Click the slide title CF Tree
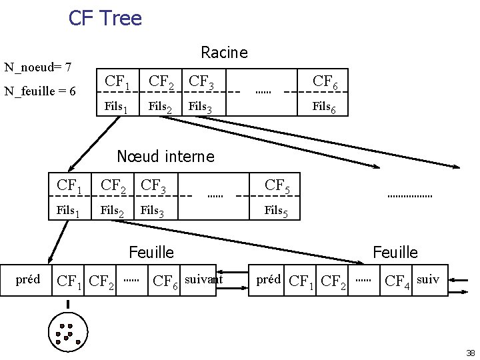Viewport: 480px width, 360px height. (105, 18)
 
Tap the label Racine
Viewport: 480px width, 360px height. (224, 52)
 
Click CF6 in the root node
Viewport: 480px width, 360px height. (329, 83)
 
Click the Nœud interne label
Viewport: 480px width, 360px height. (165, 157)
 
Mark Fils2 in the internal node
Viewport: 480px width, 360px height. (112, 212)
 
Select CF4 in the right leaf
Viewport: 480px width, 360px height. (398, 281)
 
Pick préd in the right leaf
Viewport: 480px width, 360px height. (269, 279)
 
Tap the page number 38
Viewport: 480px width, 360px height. (470, 353)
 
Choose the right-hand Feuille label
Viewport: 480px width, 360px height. (395, 252)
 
